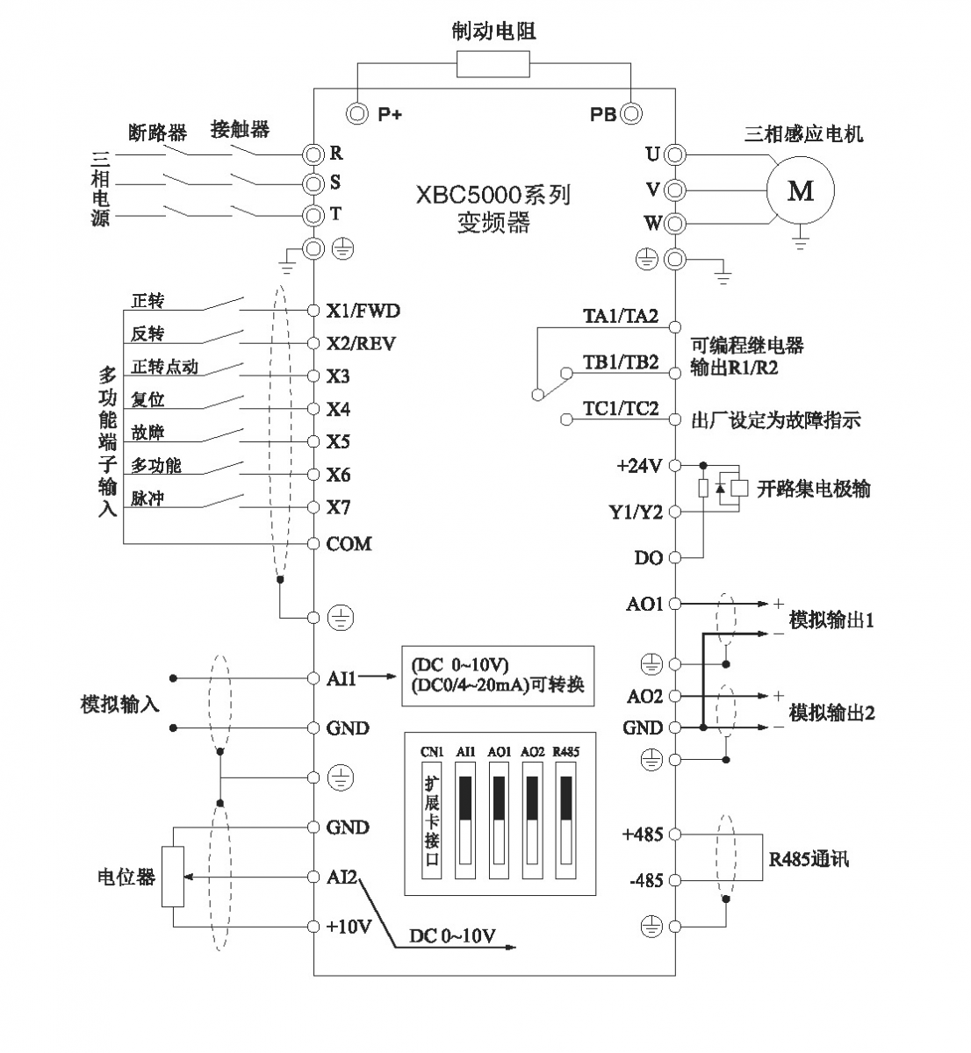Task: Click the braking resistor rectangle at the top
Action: click(493, 64)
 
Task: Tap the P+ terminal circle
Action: click(358, 113)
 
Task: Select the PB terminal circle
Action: click(630, 113)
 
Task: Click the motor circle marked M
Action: click(800, 190)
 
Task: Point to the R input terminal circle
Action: click(313, 154)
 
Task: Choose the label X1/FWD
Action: click(363, 311)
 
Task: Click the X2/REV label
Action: click(361, 343)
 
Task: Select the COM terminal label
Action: click(349, 544)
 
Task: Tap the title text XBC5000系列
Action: click(493, 194)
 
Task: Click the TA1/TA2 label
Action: click(621, 317)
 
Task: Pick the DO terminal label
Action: click(648, 557)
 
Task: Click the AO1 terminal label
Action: click(644, 604)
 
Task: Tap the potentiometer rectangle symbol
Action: click(173, 877)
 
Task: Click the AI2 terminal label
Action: click(342, 876)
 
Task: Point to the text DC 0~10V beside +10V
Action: click(452, 936)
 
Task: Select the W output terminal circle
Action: click(674, 223)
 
